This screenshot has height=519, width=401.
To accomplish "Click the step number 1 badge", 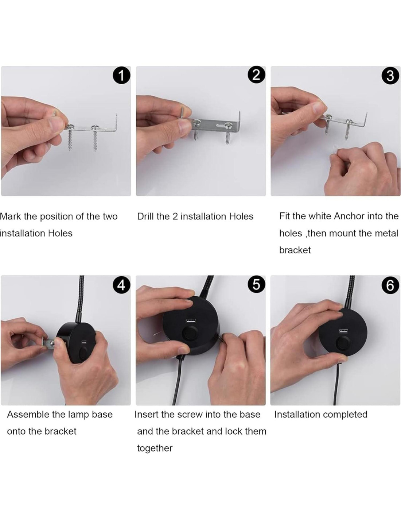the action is (x=121, y=76).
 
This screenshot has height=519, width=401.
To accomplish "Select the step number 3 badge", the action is (x=390, y=76).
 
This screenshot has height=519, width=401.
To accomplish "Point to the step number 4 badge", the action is (x=121, y=285).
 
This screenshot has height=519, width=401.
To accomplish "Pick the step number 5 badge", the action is (x=256, y=285).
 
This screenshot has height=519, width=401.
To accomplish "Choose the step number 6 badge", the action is (x=390, y=285).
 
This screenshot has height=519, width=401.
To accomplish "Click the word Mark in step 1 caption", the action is (x=11, y=216).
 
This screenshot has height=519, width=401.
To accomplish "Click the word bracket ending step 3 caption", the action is (x=295, y=250).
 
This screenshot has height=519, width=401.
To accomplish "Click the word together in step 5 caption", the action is (x=155, y=448).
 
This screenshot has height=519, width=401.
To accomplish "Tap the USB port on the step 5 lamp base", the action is (x=190, y=320).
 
